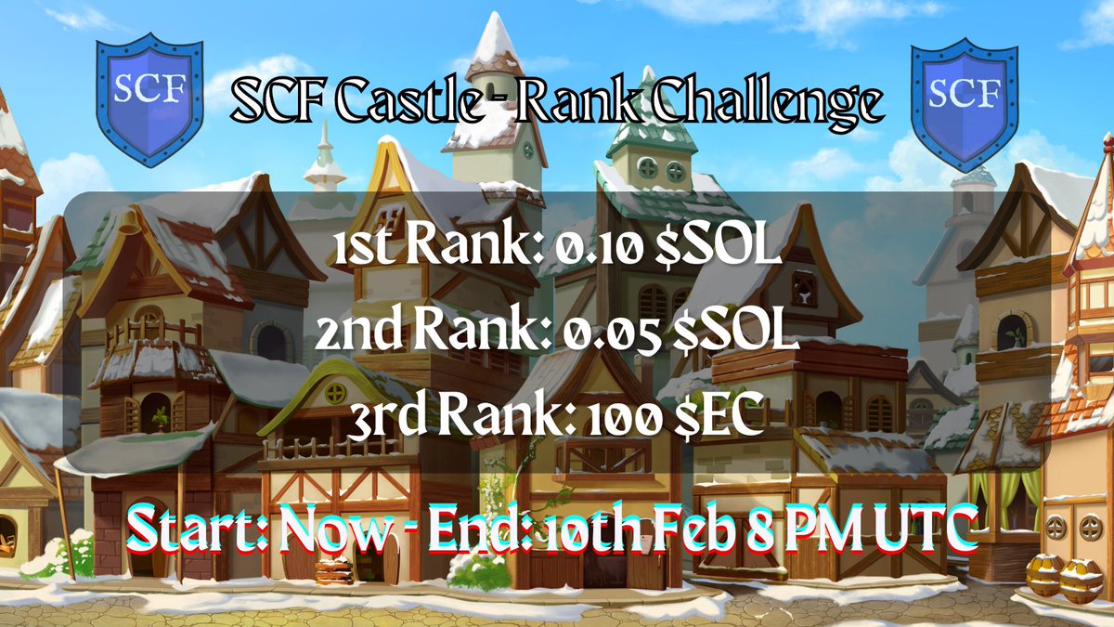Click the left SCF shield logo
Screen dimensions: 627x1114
(x=150, y=98)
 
